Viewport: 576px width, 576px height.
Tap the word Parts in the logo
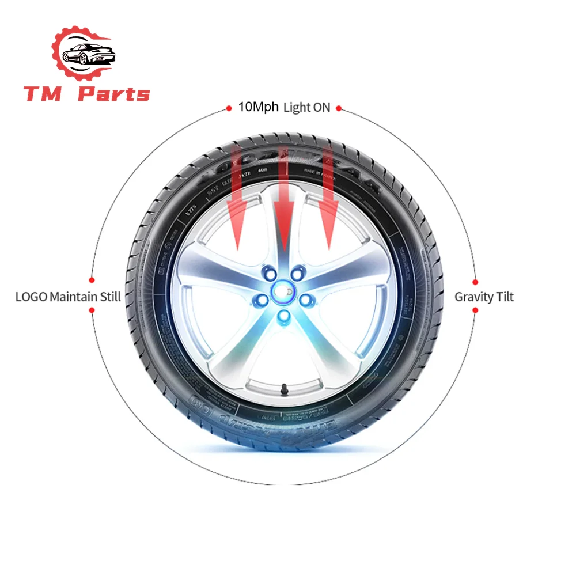[113, 94]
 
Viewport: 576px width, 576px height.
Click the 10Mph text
[259, 107]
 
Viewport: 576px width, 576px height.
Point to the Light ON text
[306, 108]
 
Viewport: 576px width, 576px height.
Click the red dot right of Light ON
[339, 108]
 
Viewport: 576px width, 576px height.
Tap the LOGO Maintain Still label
[68, 297]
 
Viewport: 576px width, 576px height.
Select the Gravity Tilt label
[484, 297]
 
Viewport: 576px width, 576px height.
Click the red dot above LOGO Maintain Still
[92, 282]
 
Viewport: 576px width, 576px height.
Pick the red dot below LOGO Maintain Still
[92, 310]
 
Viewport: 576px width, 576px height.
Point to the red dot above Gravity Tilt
[475, 282]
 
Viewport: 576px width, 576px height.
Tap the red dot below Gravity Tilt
[475, 310]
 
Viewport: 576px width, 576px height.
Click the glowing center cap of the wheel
[283, 291]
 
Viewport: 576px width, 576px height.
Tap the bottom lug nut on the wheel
[283, 315]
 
